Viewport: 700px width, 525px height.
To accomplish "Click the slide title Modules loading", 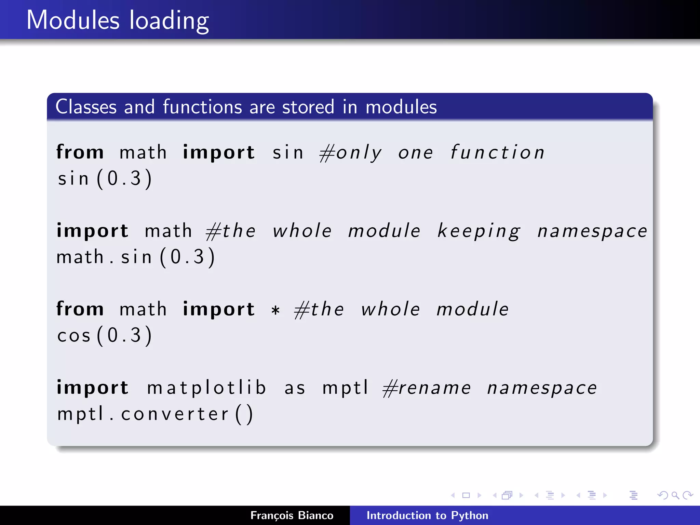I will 118,21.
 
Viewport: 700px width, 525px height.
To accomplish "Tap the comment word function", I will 497,152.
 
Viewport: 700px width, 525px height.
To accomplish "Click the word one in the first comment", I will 416,153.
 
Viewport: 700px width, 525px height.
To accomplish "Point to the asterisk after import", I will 275,310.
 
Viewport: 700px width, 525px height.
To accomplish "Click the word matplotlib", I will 206,388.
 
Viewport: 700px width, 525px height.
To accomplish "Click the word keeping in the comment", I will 479,231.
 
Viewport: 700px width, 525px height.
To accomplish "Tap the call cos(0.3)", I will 105,335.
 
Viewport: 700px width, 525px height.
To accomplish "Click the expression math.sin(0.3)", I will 136,257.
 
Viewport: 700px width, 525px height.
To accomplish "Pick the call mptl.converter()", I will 155,414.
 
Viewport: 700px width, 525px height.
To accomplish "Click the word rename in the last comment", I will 434,388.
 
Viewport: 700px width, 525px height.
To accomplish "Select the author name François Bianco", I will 292,515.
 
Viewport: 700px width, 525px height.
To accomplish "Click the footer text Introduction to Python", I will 427,515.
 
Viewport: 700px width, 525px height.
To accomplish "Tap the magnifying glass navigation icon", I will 675,495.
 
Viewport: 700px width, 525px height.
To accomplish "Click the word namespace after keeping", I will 592,231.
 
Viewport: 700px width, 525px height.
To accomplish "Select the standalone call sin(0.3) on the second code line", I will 105,178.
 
